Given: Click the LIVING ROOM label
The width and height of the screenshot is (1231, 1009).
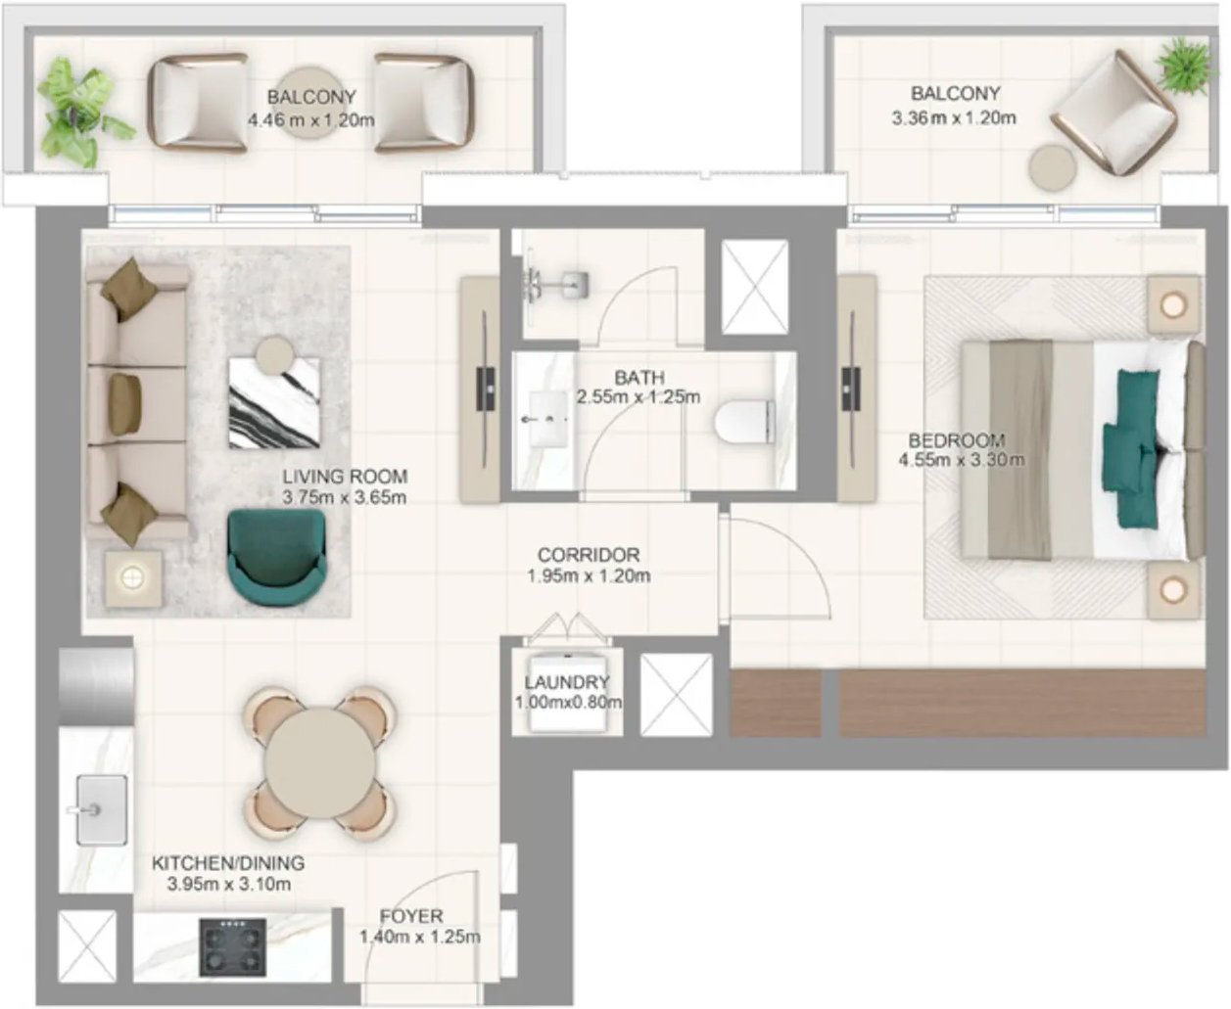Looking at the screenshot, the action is coord(345,477).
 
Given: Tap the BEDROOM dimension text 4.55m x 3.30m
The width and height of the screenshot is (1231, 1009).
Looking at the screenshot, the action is coord(962,460).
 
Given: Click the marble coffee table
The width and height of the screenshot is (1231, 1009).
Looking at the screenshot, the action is coord(274,402).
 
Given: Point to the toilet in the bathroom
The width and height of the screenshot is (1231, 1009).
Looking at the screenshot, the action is coord(744,422).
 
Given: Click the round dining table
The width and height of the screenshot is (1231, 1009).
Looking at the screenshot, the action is coord(320,763).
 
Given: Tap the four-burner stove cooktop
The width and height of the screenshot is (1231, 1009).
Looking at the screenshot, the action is coord(233,947).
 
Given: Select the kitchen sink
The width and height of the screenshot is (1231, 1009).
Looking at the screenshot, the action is coord(102,809).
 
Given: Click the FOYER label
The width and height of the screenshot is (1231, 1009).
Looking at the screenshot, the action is coord(411,916).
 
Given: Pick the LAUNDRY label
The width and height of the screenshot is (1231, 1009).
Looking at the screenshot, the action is coord(567,682).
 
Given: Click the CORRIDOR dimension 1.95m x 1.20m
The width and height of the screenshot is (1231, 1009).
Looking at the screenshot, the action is coord(589,576).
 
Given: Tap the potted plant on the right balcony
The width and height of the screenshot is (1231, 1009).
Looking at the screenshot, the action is coord(1183,67).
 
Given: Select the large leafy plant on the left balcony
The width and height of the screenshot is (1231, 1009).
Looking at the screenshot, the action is coord(81,113).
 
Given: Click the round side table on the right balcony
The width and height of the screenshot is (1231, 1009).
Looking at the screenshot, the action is coord(1053,167).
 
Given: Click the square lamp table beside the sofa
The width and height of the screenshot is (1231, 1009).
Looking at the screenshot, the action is coord(133,578).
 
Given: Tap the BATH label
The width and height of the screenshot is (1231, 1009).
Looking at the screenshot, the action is coord(639,378).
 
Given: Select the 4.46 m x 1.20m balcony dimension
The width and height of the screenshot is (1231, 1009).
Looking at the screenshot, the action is coord(311,120).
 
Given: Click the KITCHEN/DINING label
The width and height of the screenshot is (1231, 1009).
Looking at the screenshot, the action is coord(228,862).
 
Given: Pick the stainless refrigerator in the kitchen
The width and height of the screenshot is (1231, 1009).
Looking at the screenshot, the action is coord(96,686).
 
